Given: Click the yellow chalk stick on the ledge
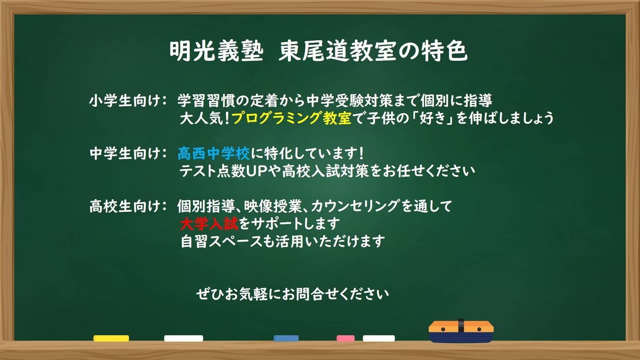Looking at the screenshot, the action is click(111, 338).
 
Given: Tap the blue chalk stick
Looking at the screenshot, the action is click(286, 338).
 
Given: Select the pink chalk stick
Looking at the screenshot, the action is click(346, 338).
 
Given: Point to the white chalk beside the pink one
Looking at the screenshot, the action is click(379, 338).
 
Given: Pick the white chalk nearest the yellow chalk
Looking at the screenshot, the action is click(184, 338).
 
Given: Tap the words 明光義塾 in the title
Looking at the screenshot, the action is click(216, 52).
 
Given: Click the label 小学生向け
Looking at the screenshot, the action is click(124, 101).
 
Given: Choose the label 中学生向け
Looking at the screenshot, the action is click(124, 154).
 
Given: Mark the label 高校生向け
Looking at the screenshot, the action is click(124, 206).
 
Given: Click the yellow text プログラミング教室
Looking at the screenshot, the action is click(292, 118).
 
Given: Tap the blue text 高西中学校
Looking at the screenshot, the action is click(214, 154).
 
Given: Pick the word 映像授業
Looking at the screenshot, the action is click(273, 206).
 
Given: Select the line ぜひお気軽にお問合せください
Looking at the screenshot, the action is click(292, 294).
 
